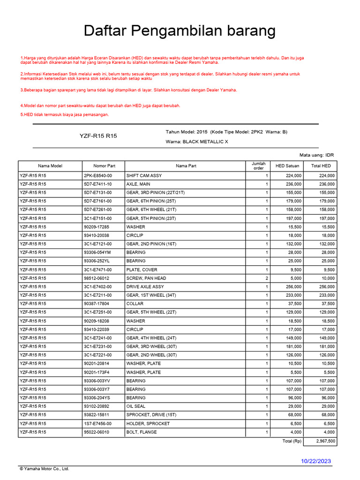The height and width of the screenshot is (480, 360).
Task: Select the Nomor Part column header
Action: (x=104, y=166)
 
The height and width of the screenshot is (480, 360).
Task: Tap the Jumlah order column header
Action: (x=258, y=166)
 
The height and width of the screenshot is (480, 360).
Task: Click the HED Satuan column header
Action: (x=287, y=166)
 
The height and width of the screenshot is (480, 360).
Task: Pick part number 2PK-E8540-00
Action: (x=98, y=175)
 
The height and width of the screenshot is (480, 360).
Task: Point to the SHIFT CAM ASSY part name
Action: (x=144, y=175)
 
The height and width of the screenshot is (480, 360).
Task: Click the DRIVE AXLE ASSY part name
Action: (x=145, y=286)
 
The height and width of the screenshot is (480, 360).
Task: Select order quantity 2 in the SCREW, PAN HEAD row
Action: (x=267, y=278)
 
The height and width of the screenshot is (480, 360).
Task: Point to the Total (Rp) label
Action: (x=291, y=441)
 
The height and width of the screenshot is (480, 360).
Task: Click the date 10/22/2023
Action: (x=315, y=461)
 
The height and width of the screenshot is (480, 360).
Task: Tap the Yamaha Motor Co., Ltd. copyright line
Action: (x=44, y=469)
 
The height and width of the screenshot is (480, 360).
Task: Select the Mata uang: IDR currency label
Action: (x=316, y=155)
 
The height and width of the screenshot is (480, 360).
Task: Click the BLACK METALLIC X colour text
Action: (x=205, y=142)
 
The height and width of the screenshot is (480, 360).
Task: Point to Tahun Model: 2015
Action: (x=187, y=132)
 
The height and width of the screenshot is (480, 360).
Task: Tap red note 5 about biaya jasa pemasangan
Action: (x=65, y=114)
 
